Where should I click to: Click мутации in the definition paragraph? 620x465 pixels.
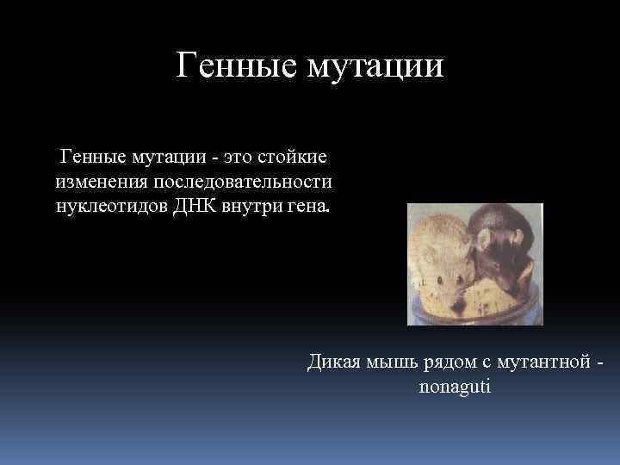(170, 158)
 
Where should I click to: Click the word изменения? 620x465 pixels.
(102, 183)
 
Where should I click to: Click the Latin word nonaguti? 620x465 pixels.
(454, 387)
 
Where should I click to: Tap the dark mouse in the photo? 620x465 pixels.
(508, 250)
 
